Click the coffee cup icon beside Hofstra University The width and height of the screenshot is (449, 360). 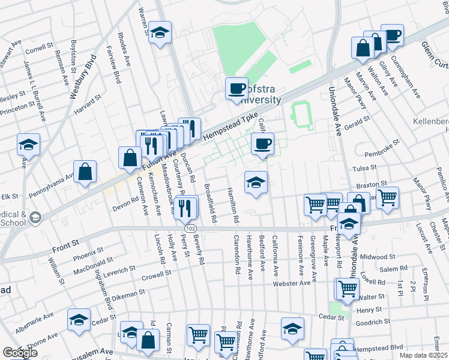pos(236,89)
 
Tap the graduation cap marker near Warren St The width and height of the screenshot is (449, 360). pos(160,32)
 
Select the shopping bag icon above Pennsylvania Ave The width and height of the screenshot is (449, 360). pos(86,171)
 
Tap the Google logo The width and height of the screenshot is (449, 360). pos(20,352)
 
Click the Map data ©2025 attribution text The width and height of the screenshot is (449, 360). pos(423,355)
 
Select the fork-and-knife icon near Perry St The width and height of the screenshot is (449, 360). pos(187,206)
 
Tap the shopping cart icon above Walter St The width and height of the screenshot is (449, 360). pos(347,289)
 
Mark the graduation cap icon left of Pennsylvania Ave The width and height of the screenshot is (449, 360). pos(28,145)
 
